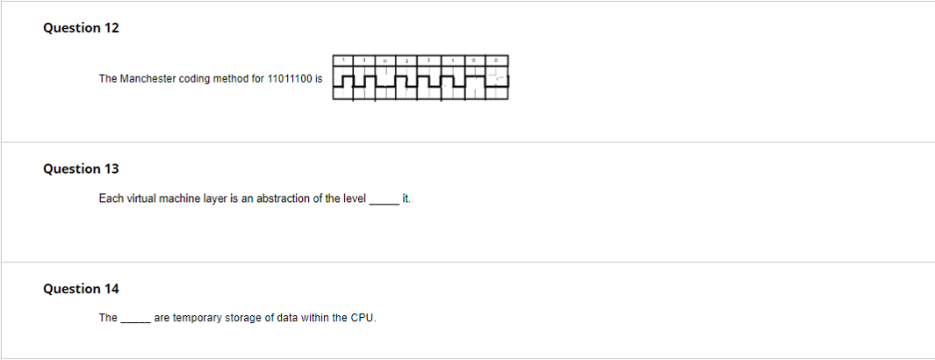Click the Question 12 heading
pos(81,28)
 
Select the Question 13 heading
pos(81,169)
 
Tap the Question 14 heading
pos(81,289)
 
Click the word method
pos(232,79)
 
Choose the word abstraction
pos(284,199)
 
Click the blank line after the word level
pos(384,201)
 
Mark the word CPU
pos(363,318)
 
